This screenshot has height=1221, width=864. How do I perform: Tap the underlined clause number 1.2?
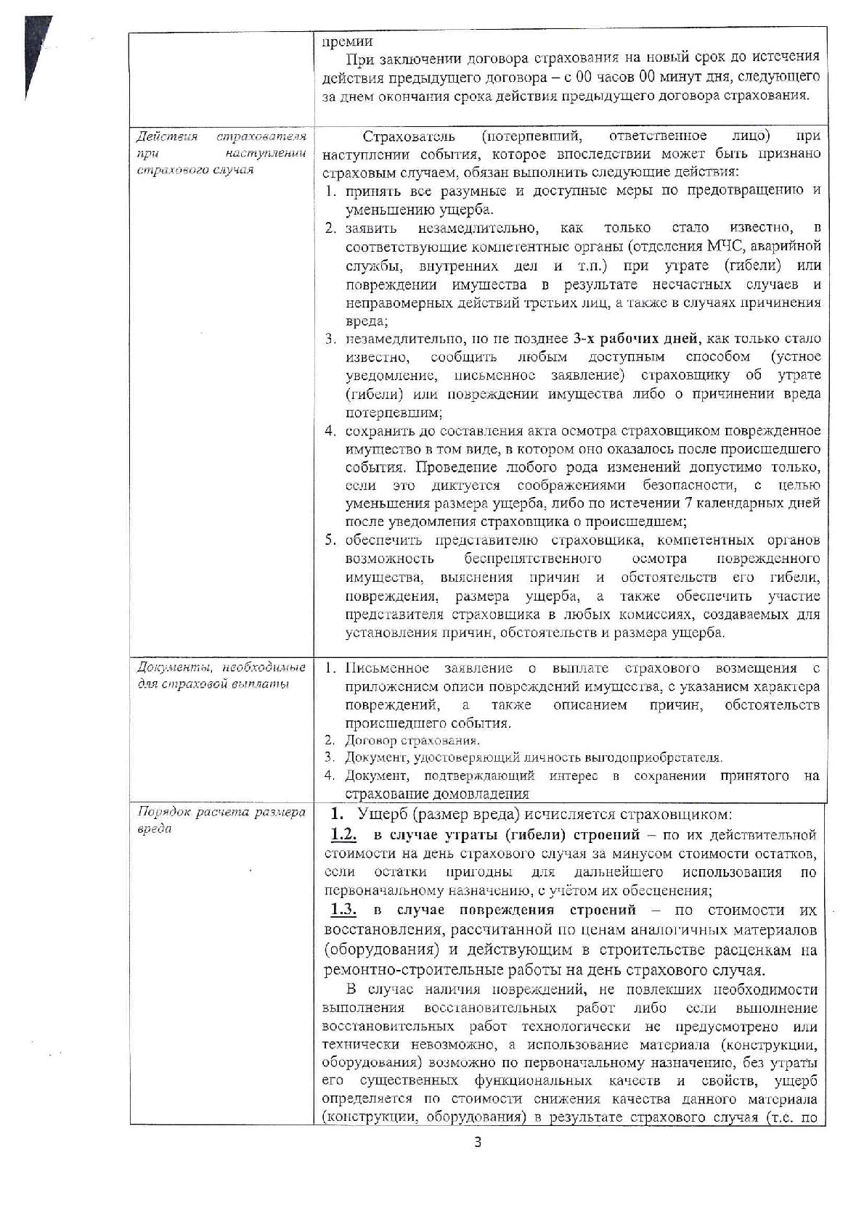pyautogui.click(x=344, y=835)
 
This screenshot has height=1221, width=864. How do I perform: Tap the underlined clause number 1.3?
pyautogui.click(x=344, y=910)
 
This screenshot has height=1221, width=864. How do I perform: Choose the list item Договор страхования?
pyautogui.click(x=412, y=741)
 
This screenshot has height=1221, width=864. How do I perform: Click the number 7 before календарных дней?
pyautogui.click(x=688, y=503)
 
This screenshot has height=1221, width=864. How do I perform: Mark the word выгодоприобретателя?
pyautogui.click(x=653, y=758)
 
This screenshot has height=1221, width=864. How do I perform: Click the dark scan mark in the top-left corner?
pyautogui.click(x=36, y=51)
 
